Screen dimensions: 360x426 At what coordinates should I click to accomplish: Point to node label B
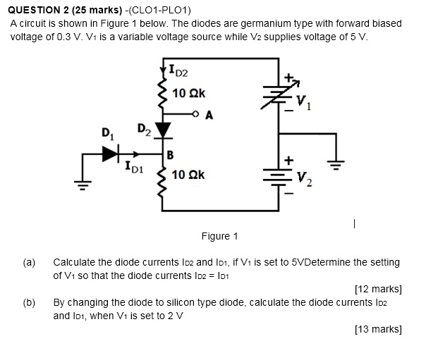pos(171,154)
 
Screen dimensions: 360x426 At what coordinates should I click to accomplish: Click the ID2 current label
pos(178,70)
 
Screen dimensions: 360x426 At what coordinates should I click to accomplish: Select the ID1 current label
pos(133,168)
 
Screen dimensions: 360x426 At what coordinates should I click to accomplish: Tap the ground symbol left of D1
pos(83,185)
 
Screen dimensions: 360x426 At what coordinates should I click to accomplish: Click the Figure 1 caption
pos(219,236)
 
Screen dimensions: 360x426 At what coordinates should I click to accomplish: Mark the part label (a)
pos(29,262)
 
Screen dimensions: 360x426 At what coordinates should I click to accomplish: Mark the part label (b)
pos(29,302)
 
